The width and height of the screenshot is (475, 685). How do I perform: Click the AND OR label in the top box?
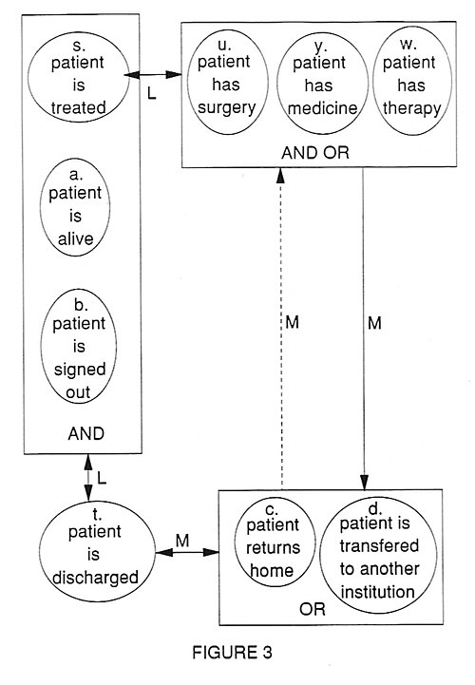pyautogui.click(x=315, y=152)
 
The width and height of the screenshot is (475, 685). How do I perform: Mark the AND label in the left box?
pyautogui.click(x=86, y=434)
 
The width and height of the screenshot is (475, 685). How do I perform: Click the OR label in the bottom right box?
pyautogui.click(x=313, y=609)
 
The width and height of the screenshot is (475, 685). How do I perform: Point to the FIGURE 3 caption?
pyautogui.click(x=232, y=653)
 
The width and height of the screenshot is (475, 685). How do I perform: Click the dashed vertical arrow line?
pyautogui.click(x=281, y=329)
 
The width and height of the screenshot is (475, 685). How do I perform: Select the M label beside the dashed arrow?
pyautogui.click(x=292, y=322)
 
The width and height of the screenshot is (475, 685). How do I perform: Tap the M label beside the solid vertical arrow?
pyautogui.click(x=374, y=323)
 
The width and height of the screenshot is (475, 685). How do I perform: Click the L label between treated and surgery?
pyautogui.click(x=152, y=92)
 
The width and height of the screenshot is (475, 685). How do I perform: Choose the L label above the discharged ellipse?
pyautogui.click(x=102, y=478)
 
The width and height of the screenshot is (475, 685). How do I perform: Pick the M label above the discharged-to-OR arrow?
pyautogui.click(x=182, y=541)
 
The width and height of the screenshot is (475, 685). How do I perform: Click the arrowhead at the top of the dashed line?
pyautogui.click(x=281, y=175)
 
